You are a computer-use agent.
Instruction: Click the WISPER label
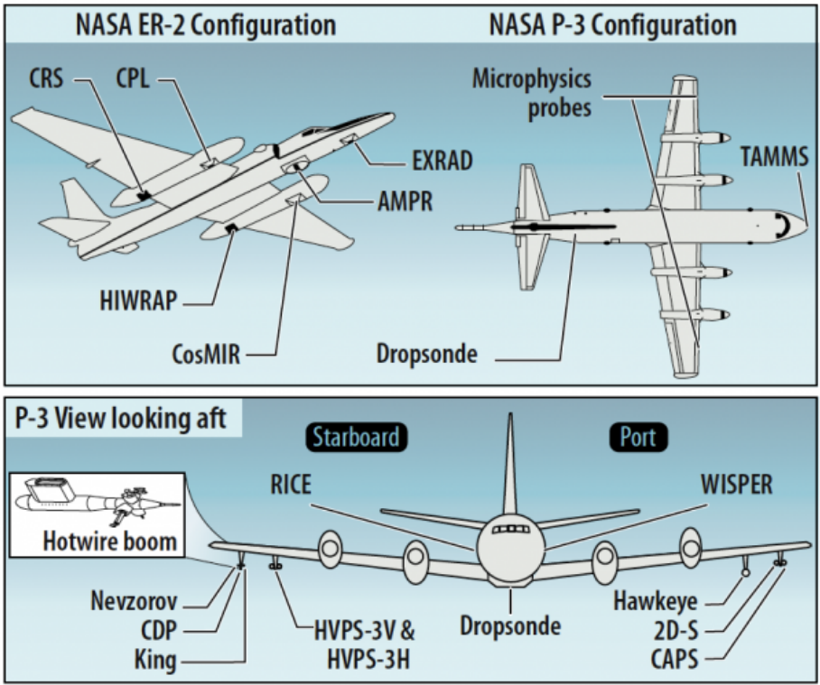tap(736, 485)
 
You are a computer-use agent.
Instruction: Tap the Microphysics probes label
tap(532, 93)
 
